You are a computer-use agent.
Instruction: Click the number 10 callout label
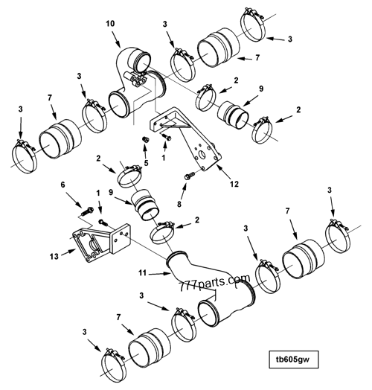110,23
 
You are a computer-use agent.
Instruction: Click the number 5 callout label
146,163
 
